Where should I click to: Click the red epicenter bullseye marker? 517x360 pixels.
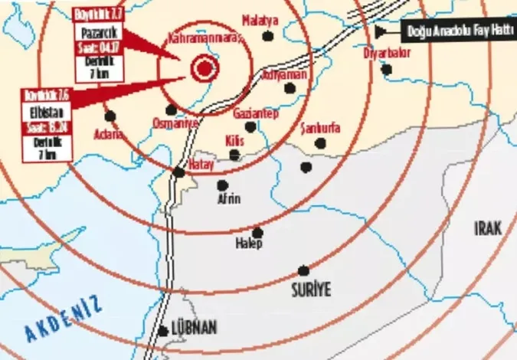coord(204,69)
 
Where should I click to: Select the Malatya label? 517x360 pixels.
coord(259,21)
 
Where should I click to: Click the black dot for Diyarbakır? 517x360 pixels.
coord(387,69)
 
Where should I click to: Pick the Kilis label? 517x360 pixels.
coord(235,141)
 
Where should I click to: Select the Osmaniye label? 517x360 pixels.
coord(175,123)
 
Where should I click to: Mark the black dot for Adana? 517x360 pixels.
coord(110,116)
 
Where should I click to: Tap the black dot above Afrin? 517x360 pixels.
coord(222,185)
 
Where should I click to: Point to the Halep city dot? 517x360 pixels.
coord(257,233)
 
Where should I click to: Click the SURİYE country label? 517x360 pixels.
coord(309,290)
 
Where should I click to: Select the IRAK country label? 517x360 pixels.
coord(489,227)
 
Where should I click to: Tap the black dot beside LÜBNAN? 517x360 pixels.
coord(163,332)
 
